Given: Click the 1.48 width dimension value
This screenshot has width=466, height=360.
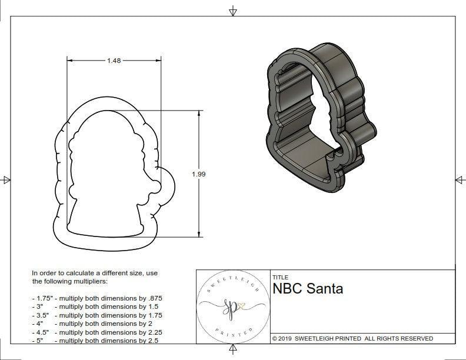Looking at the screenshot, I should coord(114,61).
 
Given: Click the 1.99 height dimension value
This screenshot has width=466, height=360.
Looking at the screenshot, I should coord(199,174).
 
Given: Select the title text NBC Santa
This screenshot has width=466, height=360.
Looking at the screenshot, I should coord(308,289).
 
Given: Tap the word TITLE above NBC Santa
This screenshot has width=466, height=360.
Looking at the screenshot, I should coord(280,277).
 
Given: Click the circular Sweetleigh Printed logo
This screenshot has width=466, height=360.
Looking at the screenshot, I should coord(232,306).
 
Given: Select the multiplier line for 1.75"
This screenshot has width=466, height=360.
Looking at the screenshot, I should coord(97,298).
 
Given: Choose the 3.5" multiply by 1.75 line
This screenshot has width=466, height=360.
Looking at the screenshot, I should coord(96,315).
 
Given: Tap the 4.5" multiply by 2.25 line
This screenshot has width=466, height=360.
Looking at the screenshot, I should coord(96,332).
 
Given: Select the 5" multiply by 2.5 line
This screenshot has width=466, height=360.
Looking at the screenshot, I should coord(95,340).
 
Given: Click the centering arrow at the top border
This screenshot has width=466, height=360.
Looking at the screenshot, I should coord(233,11).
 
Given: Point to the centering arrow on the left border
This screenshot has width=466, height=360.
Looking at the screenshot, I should coord(6,179).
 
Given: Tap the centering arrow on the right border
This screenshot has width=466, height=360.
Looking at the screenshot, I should coord(460,179).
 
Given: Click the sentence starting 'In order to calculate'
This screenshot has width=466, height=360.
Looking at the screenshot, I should coord(95,277).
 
